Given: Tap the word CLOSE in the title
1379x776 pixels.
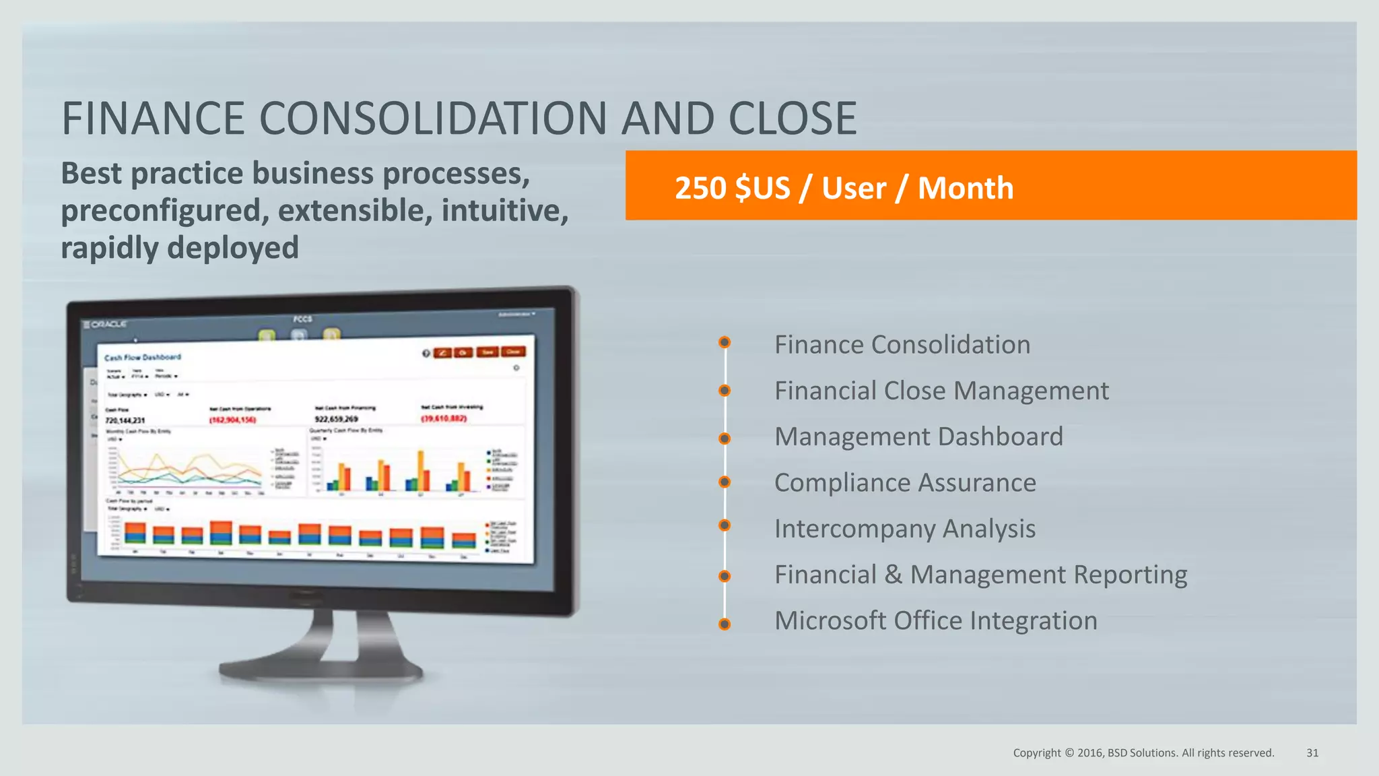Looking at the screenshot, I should (x=793, y=119).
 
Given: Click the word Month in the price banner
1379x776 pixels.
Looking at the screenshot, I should (x=966, y=188).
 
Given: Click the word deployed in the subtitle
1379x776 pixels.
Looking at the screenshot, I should (x=233, y=248).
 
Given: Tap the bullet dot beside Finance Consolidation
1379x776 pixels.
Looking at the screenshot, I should (x=725, y=342).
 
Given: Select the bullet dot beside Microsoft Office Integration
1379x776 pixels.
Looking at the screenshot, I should (x=725, y=624).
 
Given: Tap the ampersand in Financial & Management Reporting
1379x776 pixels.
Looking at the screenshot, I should (x=894, y=575).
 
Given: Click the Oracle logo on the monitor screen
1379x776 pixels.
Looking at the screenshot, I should (x=106, y=325).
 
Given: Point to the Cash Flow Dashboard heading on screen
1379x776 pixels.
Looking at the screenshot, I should (x=143, y=357).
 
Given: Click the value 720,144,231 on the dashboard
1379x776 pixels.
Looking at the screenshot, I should (x=125, y=420).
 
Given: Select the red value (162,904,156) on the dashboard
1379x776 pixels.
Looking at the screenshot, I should (x=233, y=420).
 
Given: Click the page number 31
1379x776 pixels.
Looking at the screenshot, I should (x=1312, y=753).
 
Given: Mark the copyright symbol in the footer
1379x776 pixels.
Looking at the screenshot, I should (x=1069, y=753).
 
